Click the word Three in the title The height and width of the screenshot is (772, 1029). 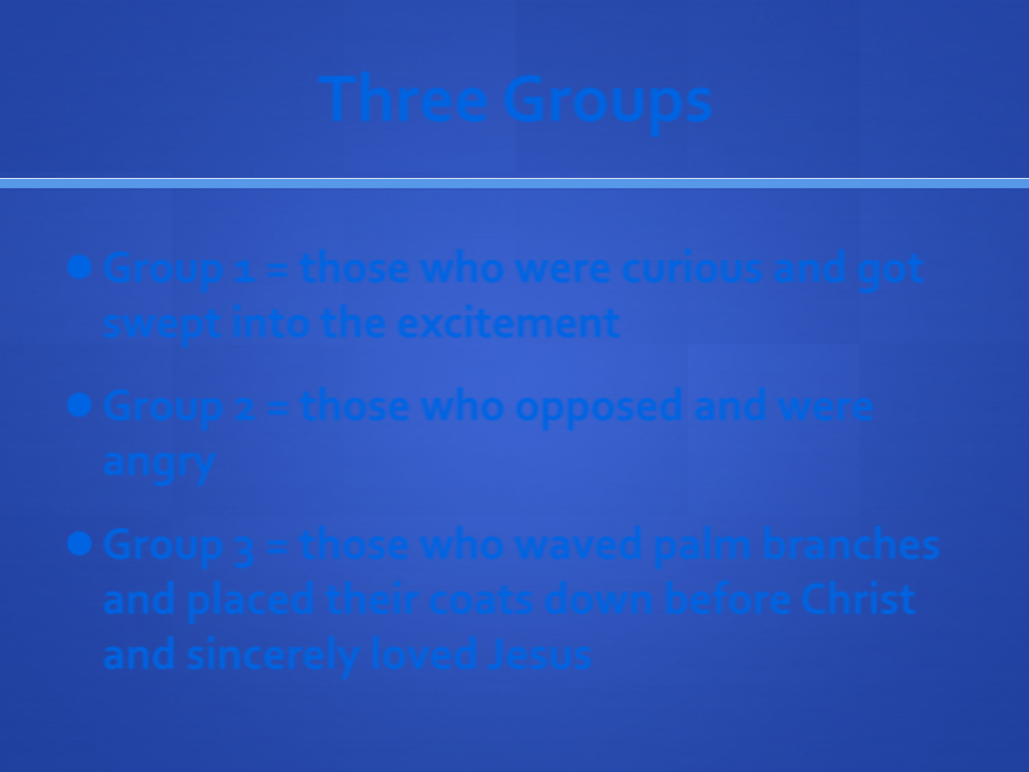coord(403,99)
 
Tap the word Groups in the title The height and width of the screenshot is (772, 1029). coord(608,104)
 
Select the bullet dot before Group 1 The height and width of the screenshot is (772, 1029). coord(80,267)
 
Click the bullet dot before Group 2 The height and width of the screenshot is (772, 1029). coord(80,405)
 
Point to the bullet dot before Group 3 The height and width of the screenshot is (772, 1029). coord(80,544)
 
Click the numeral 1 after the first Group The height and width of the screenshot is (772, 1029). coord(244,270)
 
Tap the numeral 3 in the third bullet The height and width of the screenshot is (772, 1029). coord(244,550)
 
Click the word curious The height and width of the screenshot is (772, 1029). coord(692,269)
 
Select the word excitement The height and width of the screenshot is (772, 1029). coord(509,322)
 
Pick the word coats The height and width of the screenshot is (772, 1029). coord(481,600)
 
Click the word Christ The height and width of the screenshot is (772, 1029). coord(858,598)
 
